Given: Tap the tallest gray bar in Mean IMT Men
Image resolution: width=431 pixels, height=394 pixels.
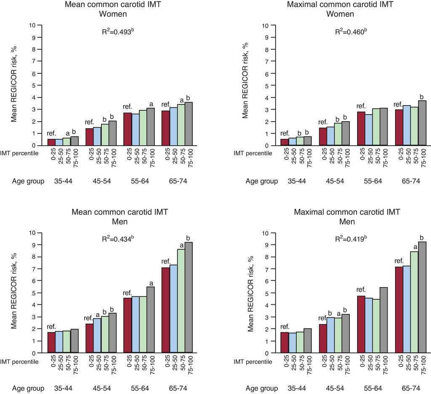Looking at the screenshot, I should click(189, 297).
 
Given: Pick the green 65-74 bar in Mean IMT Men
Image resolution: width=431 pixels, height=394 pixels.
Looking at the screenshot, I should click(181, 301).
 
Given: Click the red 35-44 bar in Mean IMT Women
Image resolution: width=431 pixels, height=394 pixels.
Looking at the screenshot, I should click(52, 142).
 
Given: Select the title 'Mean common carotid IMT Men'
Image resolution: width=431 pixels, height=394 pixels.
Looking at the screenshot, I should click(120, 216).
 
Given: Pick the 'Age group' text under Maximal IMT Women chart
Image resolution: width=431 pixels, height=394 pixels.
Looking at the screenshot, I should click(261, 181).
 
